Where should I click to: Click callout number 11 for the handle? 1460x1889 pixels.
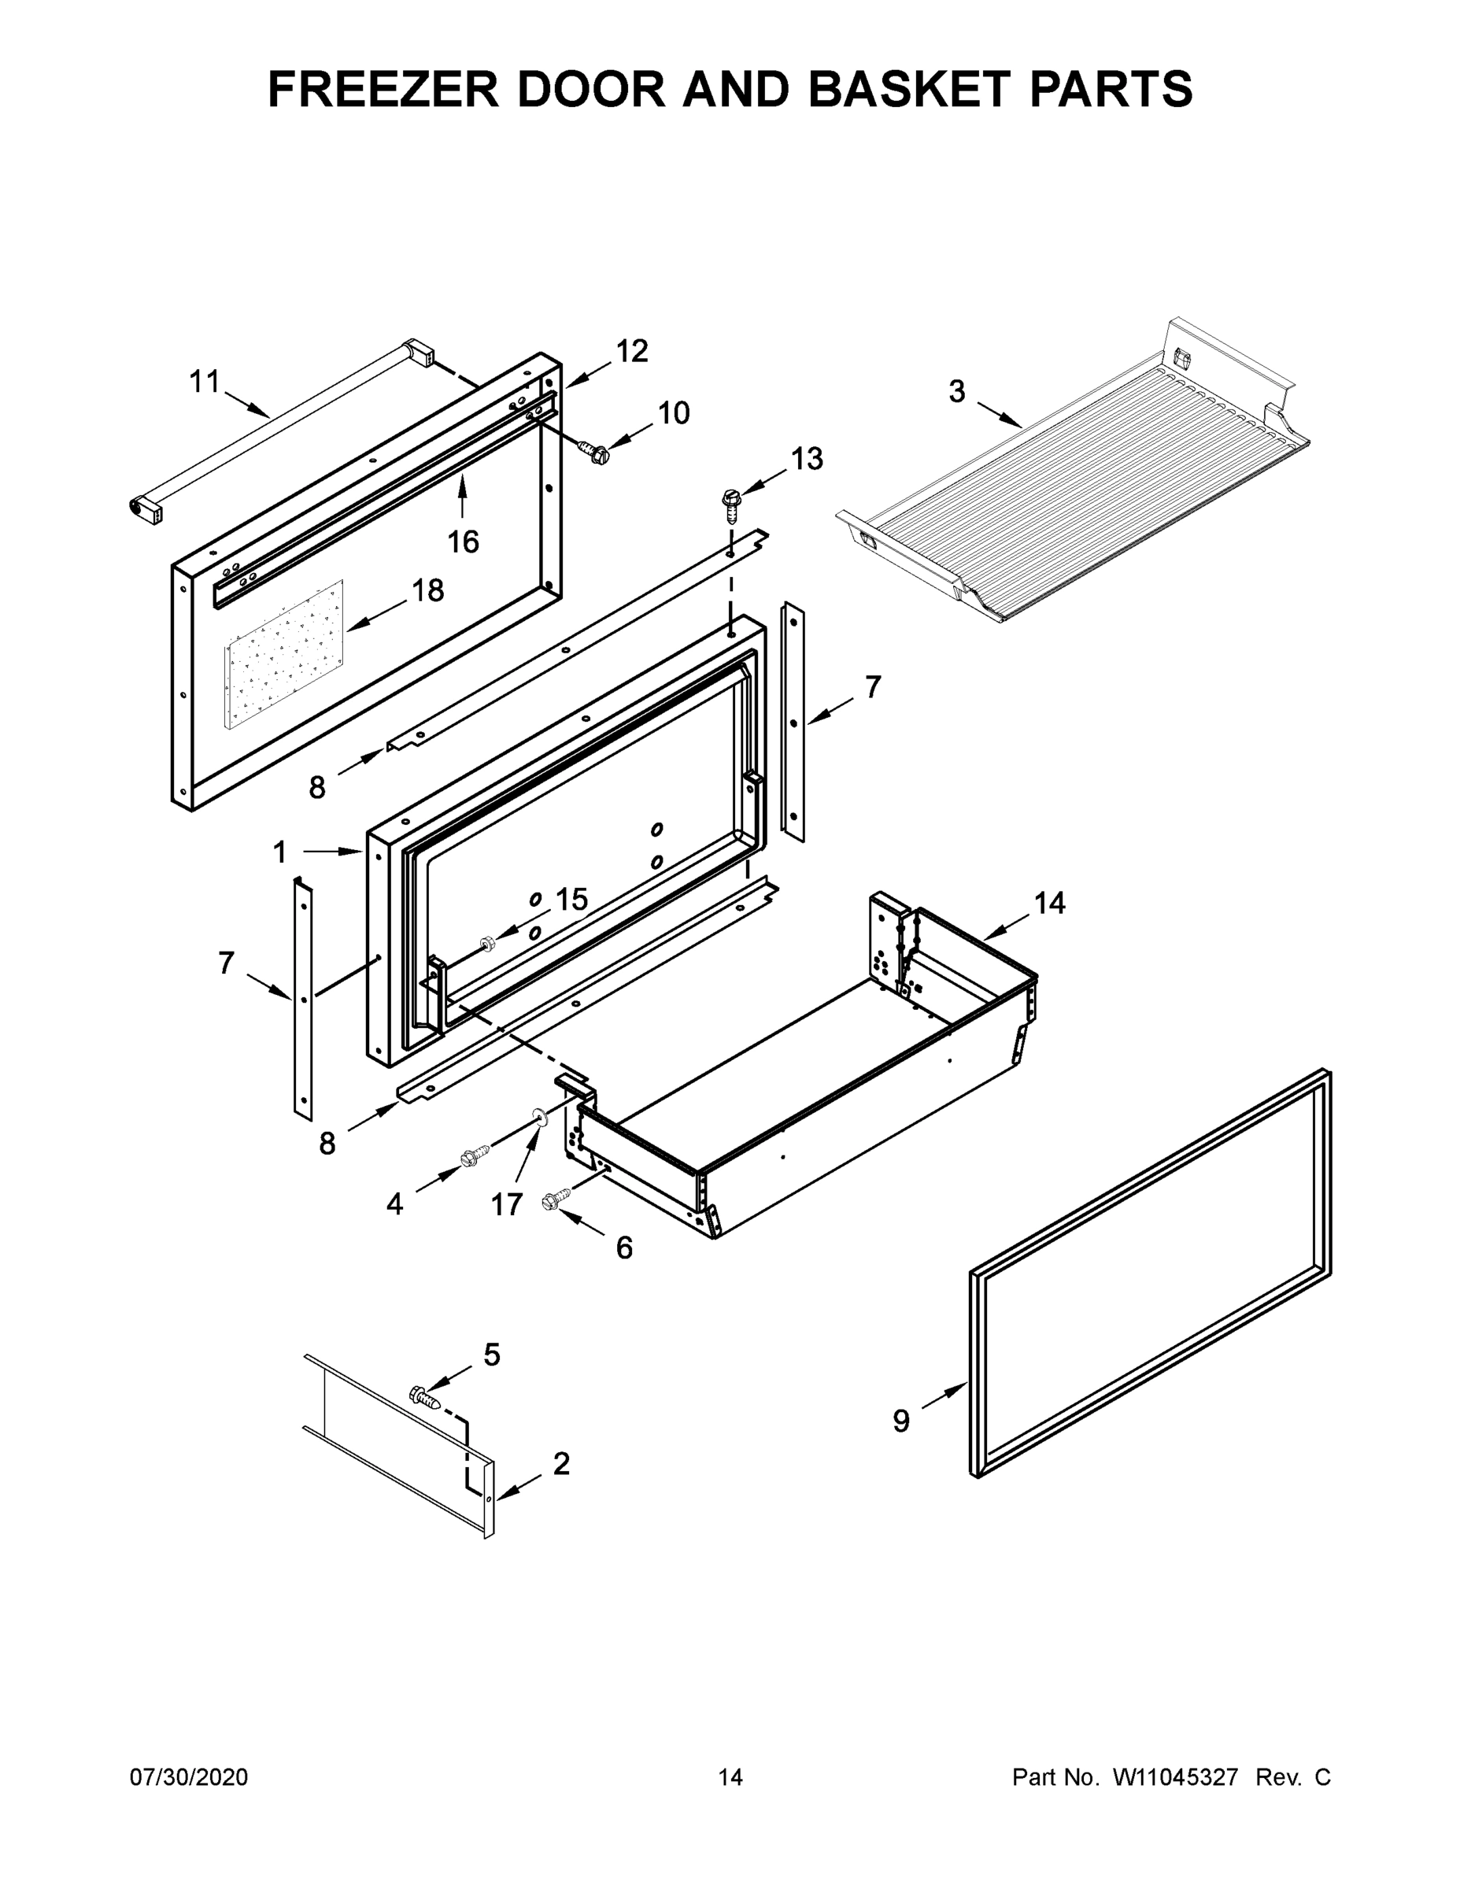pos(205,381)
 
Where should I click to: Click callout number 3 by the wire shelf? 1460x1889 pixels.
pos(955,392)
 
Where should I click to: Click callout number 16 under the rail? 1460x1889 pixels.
pos(463,542)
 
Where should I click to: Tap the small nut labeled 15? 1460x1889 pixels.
pos(486,941)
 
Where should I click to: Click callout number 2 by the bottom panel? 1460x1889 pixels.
pos(560,1464)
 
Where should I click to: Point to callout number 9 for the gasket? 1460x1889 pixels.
pos(901,1420)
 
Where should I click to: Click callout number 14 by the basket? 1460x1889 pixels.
pos(1049,903)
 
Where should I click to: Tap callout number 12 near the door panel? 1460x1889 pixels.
pos(631,351)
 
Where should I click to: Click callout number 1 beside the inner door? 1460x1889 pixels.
pos(279,853)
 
